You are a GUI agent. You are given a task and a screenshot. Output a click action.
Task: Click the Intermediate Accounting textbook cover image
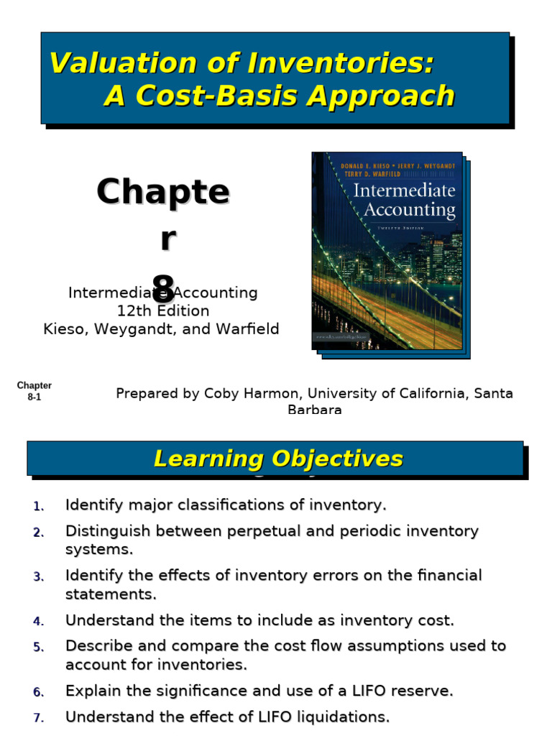(388, 251)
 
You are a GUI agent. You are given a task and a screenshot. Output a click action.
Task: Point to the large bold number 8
(164, 286)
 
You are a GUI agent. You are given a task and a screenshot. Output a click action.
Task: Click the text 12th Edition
(163, 311)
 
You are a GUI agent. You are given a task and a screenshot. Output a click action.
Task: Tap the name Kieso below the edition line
(64, 329)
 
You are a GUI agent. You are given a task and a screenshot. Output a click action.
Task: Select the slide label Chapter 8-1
(34, 391)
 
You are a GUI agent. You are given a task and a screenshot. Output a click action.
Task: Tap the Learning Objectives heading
(278, 459)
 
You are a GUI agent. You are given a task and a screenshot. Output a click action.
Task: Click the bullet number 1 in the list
(38, 506)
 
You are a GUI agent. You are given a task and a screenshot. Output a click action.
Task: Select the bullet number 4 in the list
(38, 621)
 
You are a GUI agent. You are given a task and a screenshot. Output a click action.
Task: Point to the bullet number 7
(38, 717)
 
